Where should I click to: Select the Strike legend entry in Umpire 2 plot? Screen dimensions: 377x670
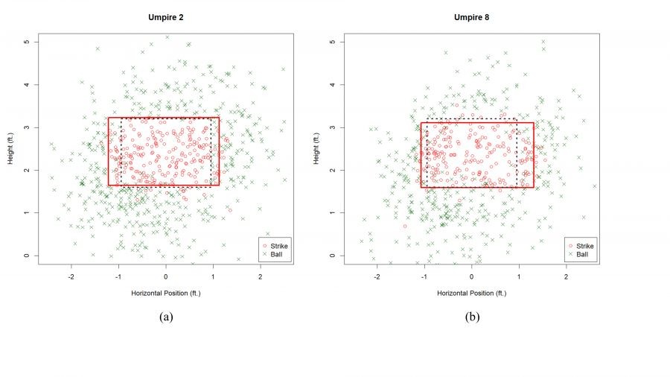tap(280, 244)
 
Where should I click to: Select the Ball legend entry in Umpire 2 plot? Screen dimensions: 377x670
tap(278, 254)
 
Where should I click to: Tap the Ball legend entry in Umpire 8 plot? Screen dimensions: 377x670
tap(584, 254)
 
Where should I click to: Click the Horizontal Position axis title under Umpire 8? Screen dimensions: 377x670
tap(471, 293)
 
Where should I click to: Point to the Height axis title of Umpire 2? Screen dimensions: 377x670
tap(10, 149)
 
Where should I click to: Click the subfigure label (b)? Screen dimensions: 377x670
tap(472, 317)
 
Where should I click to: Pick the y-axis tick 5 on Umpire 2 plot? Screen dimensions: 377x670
tap(27, 42)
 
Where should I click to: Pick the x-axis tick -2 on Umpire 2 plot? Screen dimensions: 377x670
tap(71, 276)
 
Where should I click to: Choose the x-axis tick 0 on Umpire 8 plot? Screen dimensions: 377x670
tap(471, 276)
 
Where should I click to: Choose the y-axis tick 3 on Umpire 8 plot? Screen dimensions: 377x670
tap(333, 127)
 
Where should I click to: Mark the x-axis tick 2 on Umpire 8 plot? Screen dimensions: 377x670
tap(566, 276)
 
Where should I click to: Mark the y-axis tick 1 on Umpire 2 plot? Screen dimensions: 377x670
tap(27, 213)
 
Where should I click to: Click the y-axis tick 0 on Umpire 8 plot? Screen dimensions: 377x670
tap(333, 256)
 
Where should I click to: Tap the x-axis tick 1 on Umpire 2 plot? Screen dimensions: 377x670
tap(213, 276)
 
